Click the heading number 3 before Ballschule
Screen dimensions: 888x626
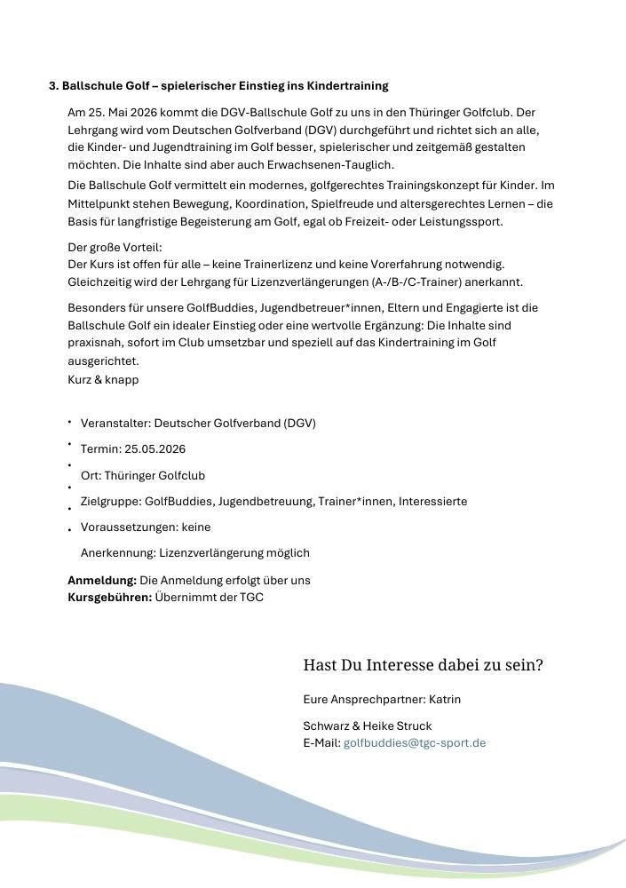(53, 86)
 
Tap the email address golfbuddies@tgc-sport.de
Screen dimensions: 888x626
(415, 743)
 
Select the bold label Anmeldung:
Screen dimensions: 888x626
(102, 581)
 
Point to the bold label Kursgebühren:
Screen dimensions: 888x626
(109, 598)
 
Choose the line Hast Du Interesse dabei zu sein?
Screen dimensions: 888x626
(423, 665)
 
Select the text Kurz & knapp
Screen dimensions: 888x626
(103, 380)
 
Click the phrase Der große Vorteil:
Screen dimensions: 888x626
(115, 248)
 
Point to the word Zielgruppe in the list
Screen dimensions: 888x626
(110, 502)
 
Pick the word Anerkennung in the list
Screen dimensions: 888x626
(117, 553)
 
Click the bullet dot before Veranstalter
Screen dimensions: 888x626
(70, 423)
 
